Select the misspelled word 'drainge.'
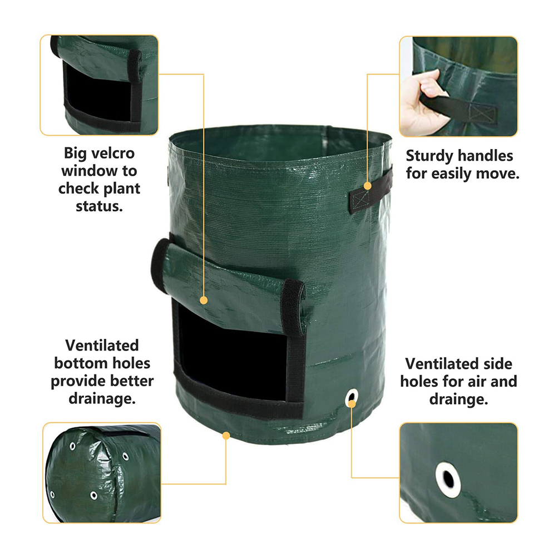pyautogui.click(x=458, y=399)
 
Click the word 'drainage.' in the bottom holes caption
pyautogui.click(x=102, y=398)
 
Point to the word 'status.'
pyautogui.click(x=99, y=206)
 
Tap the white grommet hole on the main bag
pyautogui.click(x=352, y=398)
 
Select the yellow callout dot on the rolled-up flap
pyautogui.click(x=204, y=300)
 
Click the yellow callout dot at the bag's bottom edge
pyautogui.click(x=226, y=435)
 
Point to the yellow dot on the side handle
pyautogui.click(x=368, y=186)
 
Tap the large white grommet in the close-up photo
pyautogui.click(x=448, y=480)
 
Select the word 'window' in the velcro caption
pyautogui.click(x=90, y=171)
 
